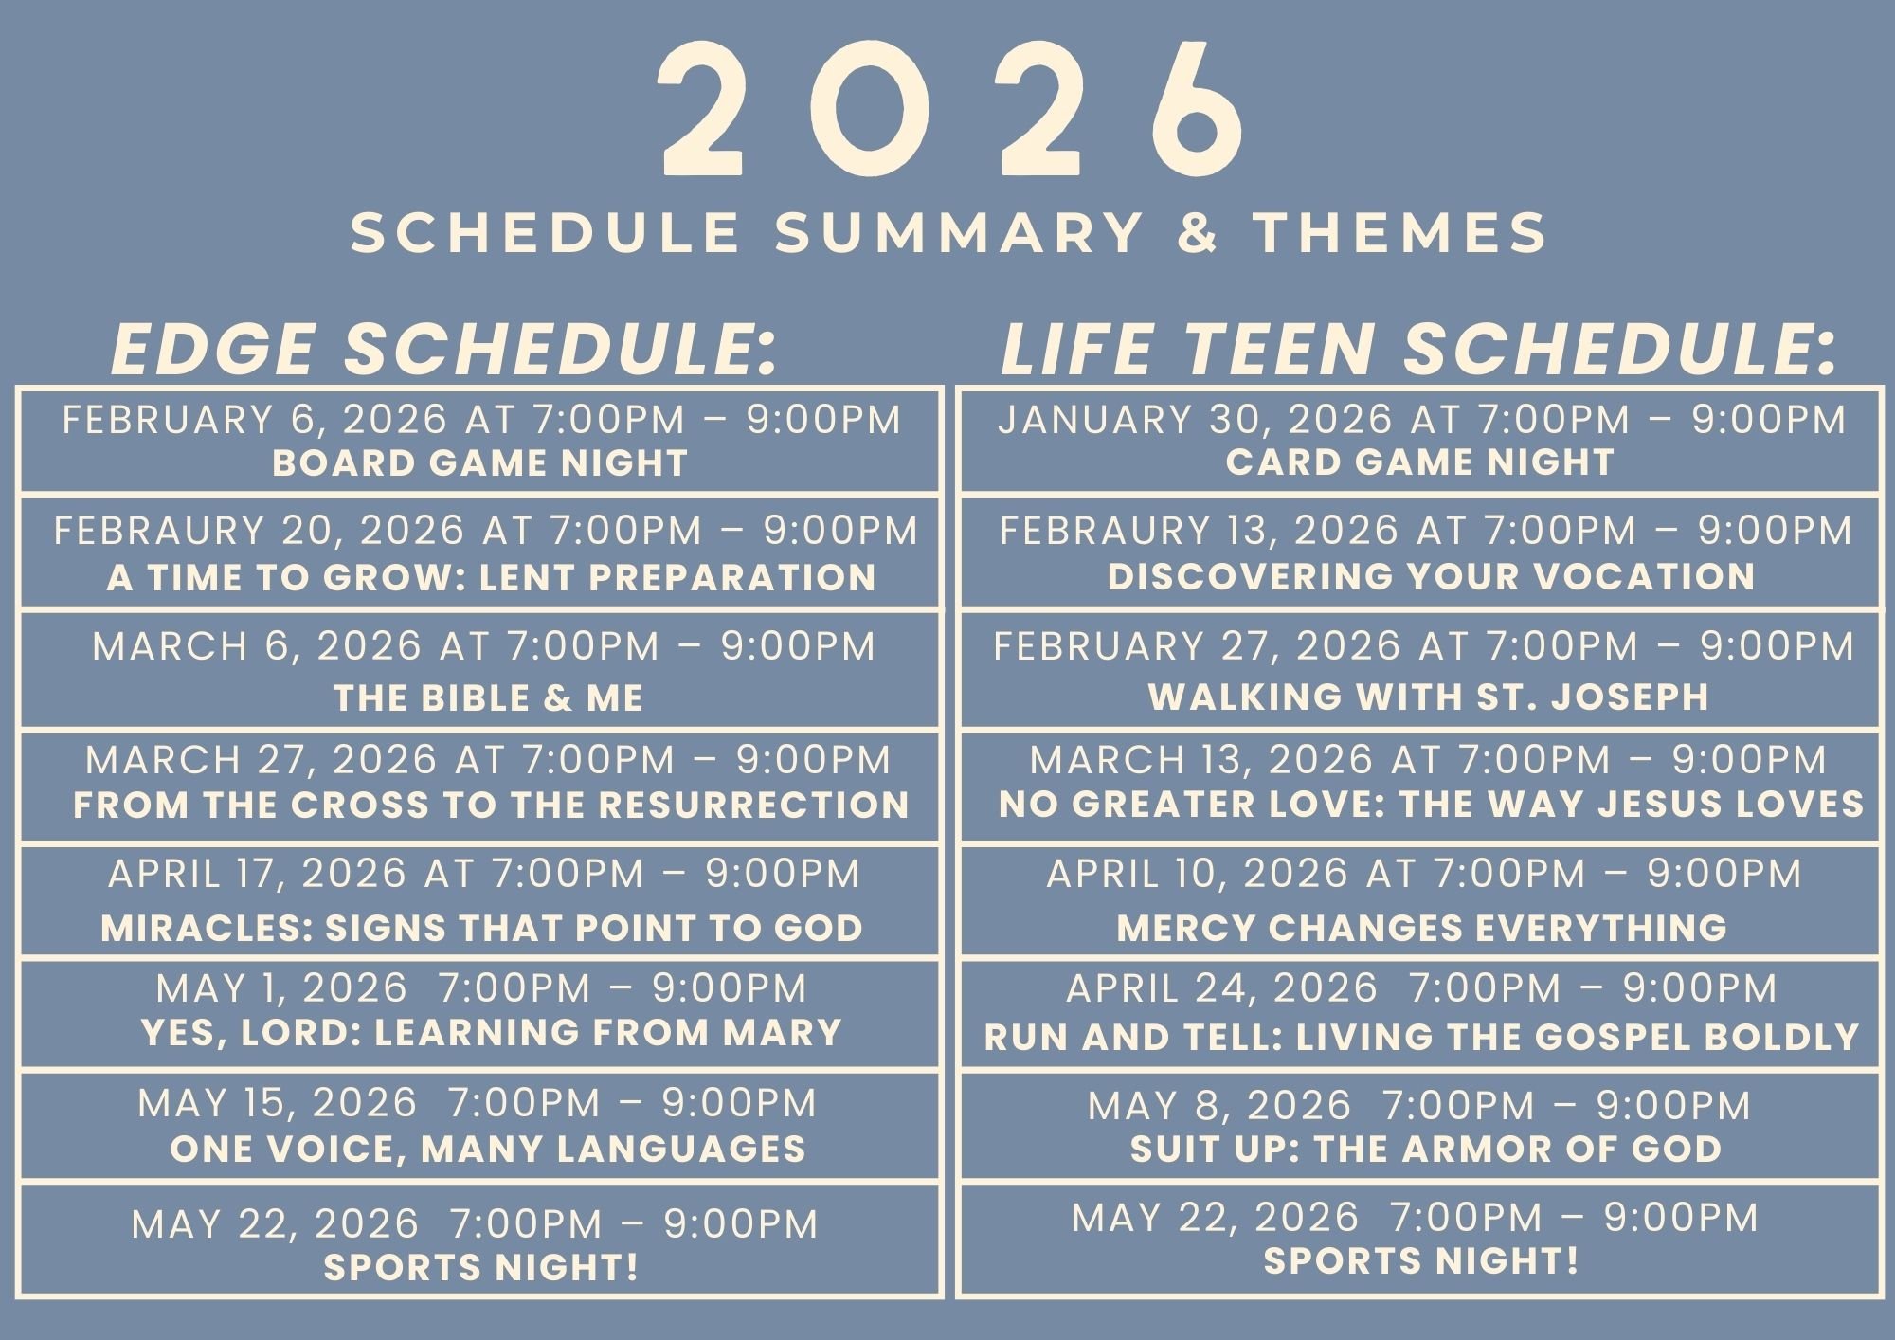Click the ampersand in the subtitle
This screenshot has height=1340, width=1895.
click(x=1199, y=233)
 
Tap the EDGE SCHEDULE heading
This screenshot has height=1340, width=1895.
click(x=444, y=349)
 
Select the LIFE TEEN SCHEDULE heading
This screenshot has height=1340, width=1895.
click(x=1418, y=349)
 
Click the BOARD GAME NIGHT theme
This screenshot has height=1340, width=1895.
click(x=479, y=463)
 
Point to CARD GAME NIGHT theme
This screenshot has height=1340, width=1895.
click(x=1419, y=462)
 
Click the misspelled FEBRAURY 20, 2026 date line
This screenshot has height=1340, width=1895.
click(x=486, y=531)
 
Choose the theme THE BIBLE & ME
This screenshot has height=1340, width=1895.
click(x=488, y=698)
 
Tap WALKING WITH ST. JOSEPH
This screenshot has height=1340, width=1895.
click(x=1429, y=697)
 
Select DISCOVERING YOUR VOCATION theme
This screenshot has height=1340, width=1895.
click(x=1431, y=576)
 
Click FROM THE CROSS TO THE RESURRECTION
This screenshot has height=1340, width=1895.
click(x=491, y=806)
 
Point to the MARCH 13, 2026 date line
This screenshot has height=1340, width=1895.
click(x=1428, y=760)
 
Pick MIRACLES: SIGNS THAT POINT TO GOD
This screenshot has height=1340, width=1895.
click(x=481, y=929)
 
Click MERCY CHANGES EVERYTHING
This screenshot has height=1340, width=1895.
click(x=1421, y=928)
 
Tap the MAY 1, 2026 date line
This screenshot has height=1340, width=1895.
click(x=480, y=988)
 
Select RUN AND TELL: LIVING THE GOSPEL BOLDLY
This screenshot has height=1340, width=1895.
click(x=1421, y=1038)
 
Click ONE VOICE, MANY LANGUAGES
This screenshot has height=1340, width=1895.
click(x=487, y=1150)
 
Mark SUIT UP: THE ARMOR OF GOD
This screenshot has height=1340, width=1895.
click(x=1425, y=1150)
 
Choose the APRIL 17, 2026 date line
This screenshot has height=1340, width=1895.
click(x=483, y=874)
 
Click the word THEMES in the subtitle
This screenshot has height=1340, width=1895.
click(x=1400, y=233)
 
